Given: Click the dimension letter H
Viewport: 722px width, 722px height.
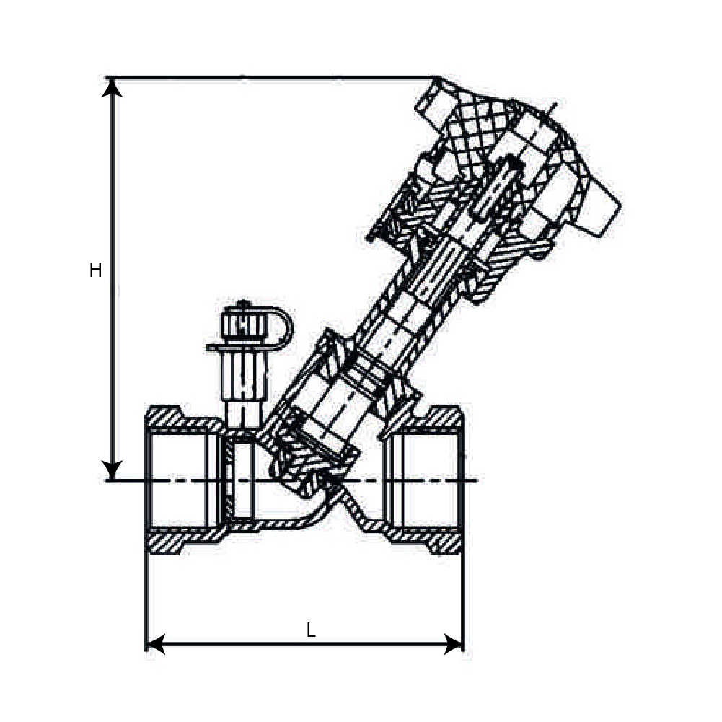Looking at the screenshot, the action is pyautogui.click(x=95, y=270).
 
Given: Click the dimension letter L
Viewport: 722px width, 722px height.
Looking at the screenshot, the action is pyautogui.click(x=311, y=630).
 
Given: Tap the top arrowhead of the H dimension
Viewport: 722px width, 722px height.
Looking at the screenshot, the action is pyautogui.click(x=112, y=87).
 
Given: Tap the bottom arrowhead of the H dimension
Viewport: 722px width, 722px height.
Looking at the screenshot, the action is pyautogui.click(x=112, y=470).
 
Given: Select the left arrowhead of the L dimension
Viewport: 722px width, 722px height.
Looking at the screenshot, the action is pyautogui.click(x=155, y=643).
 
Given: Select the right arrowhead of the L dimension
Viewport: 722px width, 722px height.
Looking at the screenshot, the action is pyautogui.click(x=453, y=643).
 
